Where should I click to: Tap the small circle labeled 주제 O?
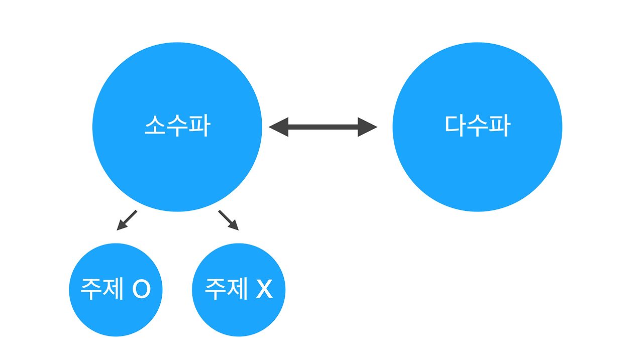pyautogui.click(x=116, y=311)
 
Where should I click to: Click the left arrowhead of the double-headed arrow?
pyautogui.click(x=279, y=127)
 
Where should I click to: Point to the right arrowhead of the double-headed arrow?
pyautogui.click(x=367, y=127)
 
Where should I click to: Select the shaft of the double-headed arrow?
pyautogui.click(x=323, y=127)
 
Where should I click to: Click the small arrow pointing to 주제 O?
pyautogui.click(x=126, y=220)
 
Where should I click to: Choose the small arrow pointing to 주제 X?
pyautogui.click(x=229, y=220)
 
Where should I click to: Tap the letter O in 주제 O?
pyautogui.click(x=142, y=289)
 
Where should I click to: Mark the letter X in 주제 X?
pyautogui.click(x=264, y=289)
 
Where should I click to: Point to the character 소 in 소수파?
pyautogui.click(x=155, y=126)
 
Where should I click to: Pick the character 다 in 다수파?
pyautogui.click(x=455, y=126)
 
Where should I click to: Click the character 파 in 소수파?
pyautogui.click(x=199, y=126)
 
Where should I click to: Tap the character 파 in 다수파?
pyautogui.click(x=499, y=126)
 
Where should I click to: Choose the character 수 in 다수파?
pyautogui.click(x=477, y=126)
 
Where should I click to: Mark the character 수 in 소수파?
pyautogui.click(x=177, y=126)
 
